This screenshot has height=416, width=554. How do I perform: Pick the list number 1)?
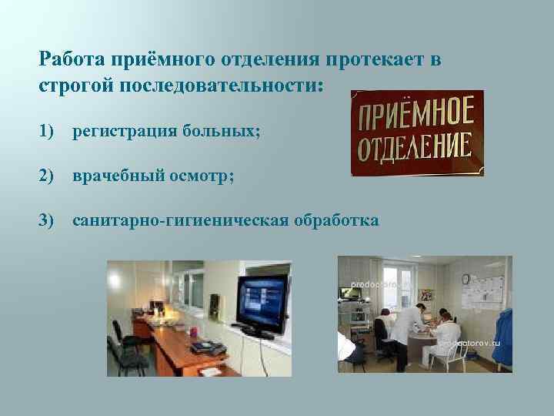[48, 133]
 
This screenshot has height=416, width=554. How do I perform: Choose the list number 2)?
[48, 176]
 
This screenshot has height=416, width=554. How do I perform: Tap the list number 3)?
[48, 221]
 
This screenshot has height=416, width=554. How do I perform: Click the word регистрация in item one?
[124, 133]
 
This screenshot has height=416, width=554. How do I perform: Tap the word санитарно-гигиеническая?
[181, 221]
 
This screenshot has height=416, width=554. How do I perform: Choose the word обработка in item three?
[336, 221]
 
